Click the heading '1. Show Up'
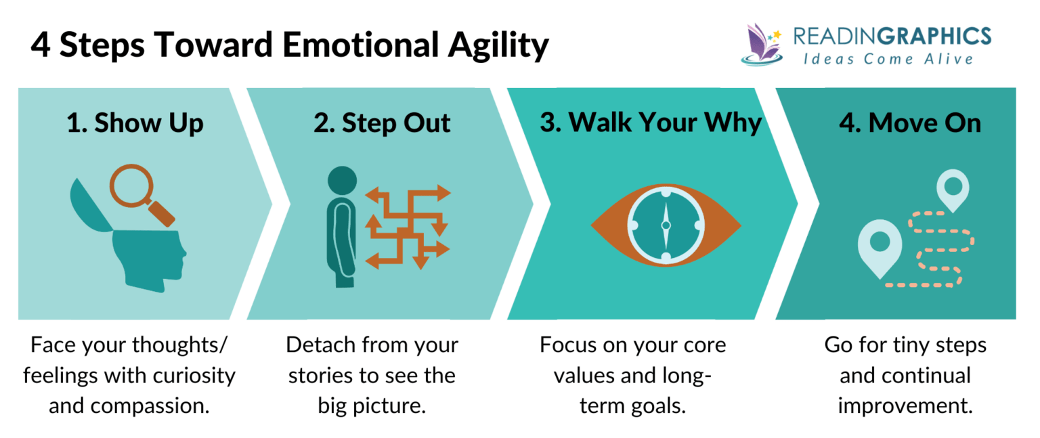pyautogui.click(x=135, y=123)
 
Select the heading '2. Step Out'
pyautogui.click(x=382, y=123)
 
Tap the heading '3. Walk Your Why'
pyautogui.click(x=650, y=123)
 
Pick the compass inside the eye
pyautogui.click(x=665, y=225)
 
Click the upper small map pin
pyautogui.click(x=952, y=189)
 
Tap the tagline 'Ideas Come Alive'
pyautogui.click(x=888, y=60)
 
